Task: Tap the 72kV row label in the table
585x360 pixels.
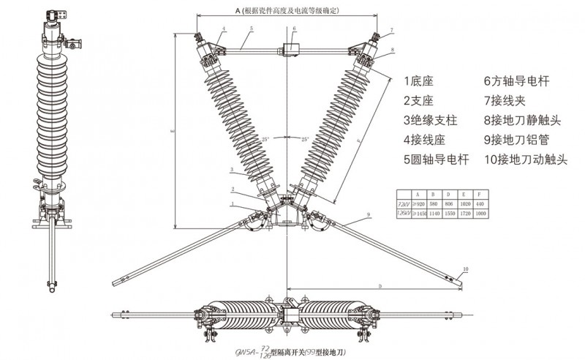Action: (x=401, y=202)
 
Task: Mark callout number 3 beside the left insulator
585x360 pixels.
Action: (x=232, y=170)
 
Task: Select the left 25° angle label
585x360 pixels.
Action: (x=265, y=138)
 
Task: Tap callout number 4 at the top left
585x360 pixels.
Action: (x=223, y=29)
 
